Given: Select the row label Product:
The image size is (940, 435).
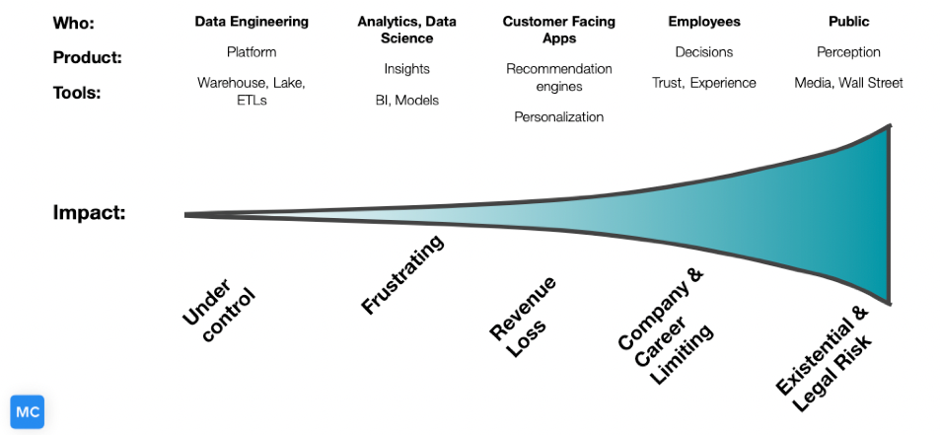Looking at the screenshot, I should [87, 57].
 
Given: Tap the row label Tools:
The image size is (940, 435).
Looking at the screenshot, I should [78, 93].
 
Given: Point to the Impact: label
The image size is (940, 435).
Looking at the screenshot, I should [89, 212].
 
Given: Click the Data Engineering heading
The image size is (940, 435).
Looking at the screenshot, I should [252, 21].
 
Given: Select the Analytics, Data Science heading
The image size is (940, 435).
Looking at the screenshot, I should [406, 30].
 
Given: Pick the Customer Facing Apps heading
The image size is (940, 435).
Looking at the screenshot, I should [559, 30].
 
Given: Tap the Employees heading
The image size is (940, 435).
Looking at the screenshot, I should [703, 21].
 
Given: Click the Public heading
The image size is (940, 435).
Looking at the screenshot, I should [848, 21].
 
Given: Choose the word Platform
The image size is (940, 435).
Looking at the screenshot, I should [252, 51].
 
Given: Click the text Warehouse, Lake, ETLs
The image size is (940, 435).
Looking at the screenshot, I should [252, 92].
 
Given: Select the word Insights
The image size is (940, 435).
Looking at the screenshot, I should [406, 69].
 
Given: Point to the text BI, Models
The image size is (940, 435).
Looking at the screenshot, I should [406, 100].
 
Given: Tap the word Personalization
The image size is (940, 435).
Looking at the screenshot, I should [559, 116].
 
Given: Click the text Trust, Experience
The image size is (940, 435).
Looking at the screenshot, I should [703, 83].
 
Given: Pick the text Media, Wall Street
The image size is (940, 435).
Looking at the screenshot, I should [848, 83].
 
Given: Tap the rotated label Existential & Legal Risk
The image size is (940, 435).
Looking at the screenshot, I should [825, 350].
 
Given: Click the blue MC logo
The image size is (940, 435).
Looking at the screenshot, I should [28, 411].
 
